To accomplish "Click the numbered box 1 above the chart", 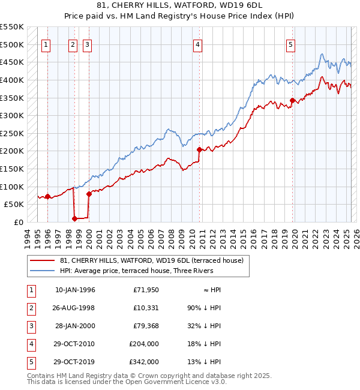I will click(x=47, y=44).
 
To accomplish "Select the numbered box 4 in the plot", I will click(x=197, y=44).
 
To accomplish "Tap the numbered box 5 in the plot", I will click(x=290, y=44).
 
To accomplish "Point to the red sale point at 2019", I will click(x=292, y=101).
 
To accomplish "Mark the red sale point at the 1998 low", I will click(x=75, y=218).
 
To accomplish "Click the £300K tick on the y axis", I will click(x=12, y=115).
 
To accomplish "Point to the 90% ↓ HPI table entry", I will click(x=204, y=308).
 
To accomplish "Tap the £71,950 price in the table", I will click(x=146, y=290).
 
